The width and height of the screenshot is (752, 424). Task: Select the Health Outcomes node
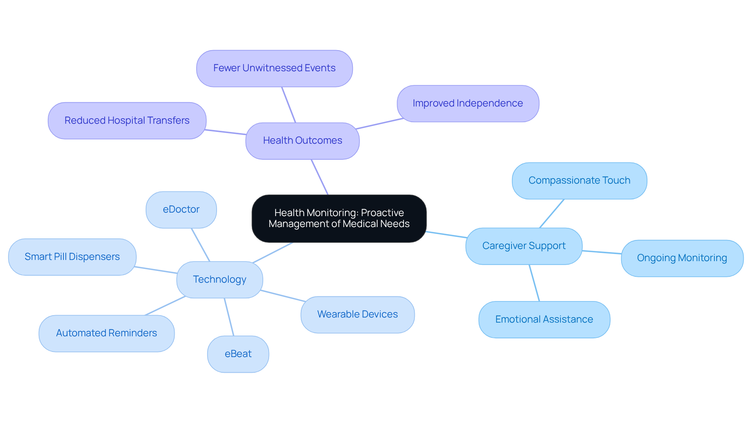[x=302, y=141]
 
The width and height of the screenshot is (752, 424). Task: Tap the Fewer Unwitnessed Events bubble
[x=274, y=68]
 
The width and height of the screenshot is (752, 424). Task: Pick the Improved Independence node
[x=468, y=103]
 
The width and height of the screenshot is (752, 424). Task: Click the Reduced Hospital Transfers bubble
[x=127, y=121]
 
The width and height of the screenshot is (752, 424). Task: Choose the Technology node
[x=219, y=280]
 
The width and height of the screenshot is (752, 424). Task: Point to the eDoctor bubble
[x=181, y=209]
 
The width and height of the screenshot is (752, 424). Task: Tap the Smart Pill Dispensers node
[x=72, y=257]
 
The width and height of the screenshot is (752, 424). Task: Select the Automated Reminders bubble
[x=107, y=333]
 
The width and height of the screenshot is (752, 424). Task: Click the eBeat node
[x=238, y=354]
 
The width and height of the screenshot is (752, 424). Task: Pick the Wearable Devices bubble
[x=357, y=314]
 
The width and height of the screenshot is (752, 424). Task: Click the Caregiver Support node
[x=524, y=246]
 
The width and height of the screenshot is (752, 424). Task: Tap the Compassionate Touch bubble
[x=579, y=180]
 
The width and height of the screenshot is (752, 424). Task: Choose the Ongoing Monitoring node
[x=682, y=258]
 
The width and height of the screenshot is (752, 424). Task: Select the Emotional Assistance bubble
[x=544, y=319]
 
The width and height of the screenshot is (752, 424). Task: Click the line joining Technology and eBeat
[x=229, y=317]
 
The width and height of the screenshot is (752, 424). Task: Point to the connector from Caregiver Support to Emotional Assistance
[x=534, y=283]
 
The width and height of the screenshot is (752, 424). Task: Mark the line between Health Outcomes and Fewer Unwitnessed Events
[x=289, y=105]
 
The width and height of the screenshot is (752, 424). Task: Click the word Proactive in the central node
[x=382, y=213]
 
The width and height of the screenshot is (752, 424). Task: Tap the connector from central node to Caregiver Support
[x=446, y=235]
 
